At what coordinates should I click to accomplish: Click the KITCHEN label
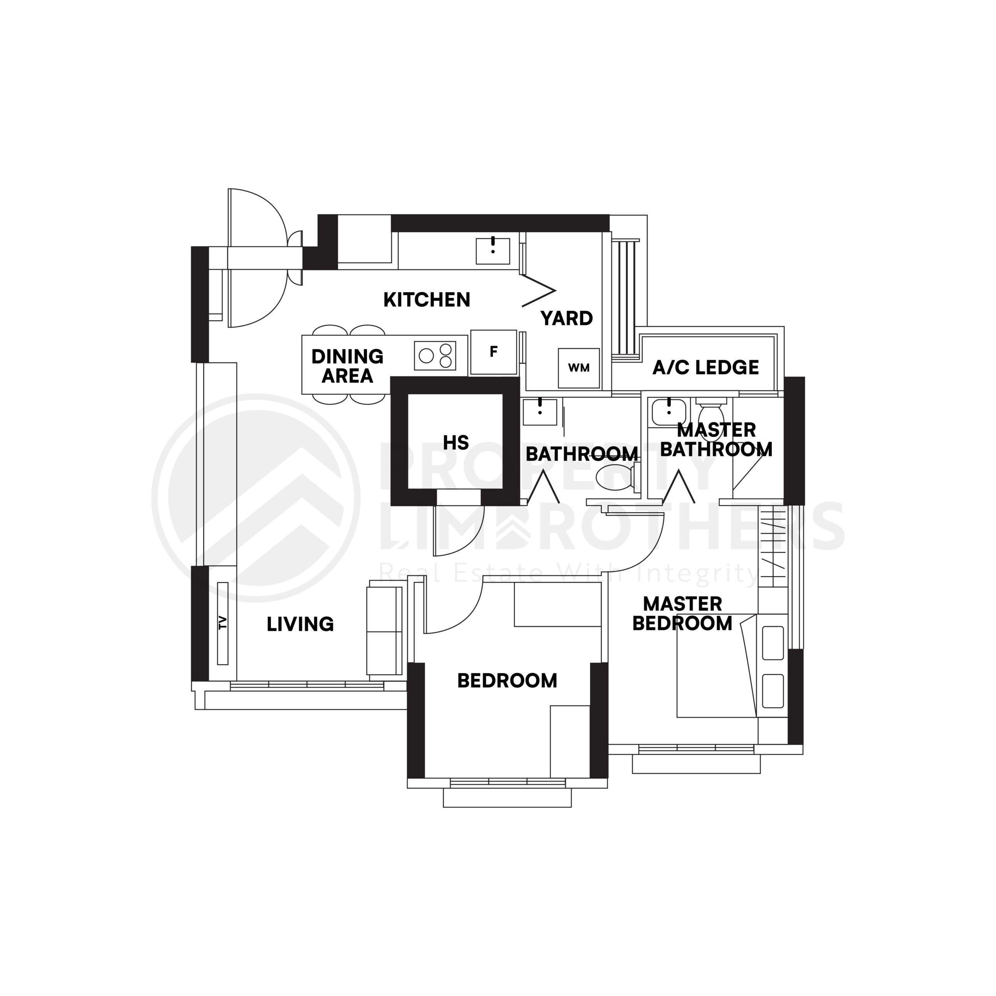[426, 300]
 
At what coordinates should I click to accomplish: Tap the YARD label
[566, 318]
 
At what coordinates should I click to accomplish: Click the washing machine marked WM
[579, 368]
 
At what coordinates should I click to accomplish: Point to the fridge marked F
[493, 352]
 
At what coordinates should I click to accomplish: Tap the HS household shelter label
[456, 442]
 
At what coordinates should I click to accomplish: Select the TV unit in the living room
[223, 623]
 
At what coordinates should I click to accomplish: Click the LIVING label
[300, 624]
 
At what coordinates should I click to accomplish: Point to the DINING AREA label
[347, 366]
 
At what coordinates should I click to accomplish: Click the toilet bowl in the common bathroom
[614, 476]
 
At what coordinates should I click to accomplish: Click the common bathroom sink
[540, 412]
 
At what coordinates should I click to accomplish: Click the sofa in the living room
[384, 631]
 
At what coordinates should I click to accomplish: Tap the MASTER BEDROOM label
[682, 614]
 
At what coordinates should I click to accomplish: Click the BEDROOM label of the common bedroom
[507, 680]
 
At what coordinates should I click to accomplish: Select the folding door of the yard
[539, 291]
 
